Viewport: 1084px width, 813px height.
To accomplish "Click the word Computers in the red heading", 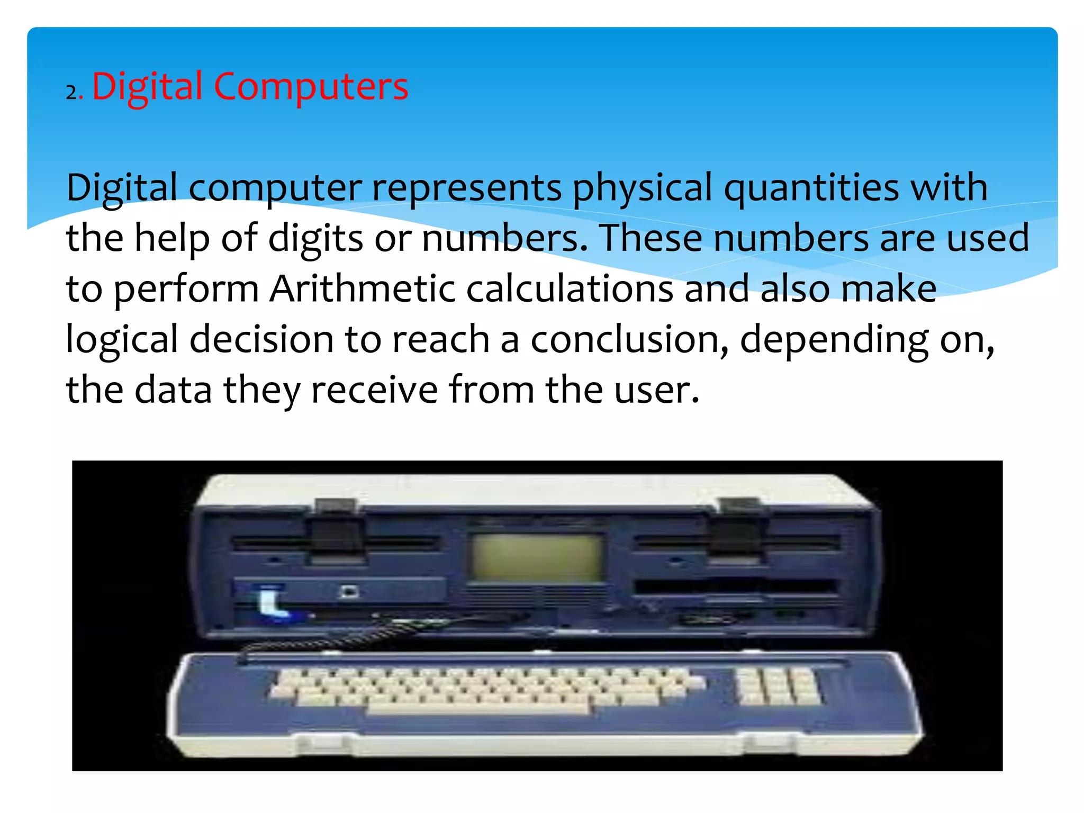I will [311, 86].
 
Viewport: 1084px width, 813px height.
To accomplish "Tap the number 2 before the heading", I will [71, 93].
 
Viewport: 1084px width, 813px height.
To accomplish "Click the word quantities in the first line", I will [811, 188].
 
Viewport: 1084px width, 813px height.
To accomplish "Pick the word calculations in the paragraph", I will [570, 289].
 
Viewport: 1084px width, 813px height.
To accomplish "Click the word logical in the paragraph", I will [122, 340].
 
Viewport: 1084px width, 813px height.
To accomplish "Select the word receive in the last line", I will [374, 390].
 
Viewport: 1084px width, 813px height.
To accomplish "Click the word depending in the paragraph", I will [834, 341].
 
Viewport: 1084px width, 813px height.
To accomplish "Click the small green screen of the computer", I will [537, 557].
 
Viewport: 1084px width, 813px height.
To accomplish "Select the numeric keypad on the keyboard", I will [777, 686].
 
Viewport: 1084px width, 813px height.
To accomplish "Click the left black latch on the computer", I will [336, 529].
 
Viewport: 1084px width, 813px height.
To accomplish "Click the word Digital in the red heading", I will [147, 86].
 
